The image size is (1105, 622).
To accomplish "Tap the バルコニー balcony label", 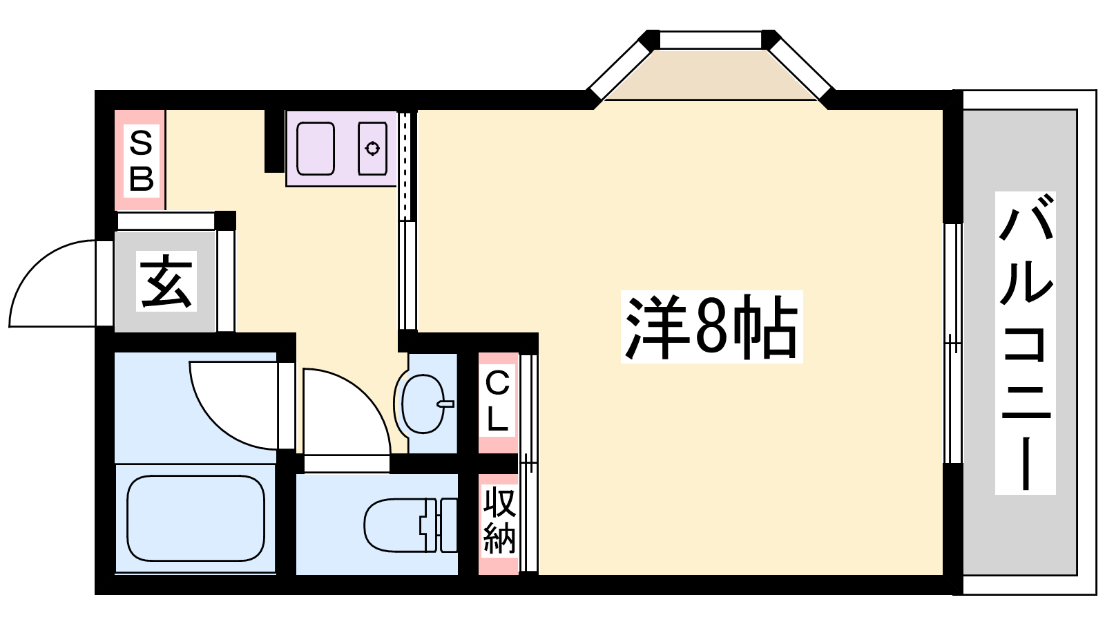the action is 1025,343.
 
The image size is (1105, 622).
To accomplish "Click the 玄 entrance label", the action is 166,281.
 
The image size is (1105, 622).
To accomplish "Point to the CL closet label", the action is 497,401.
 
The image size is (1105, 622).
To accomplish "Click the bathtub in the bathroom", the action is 196,518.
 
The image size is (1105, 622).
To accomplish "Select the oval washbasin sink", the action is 423,404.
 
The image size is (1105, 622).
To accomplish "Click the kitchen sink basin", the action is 316,148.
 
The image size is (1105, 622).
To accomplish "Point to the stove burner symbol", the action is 372,148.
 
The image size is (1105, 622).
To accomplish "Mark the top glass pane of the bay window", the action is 711,40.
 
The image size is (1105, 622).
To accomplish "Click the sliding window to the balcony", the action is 953,343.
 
